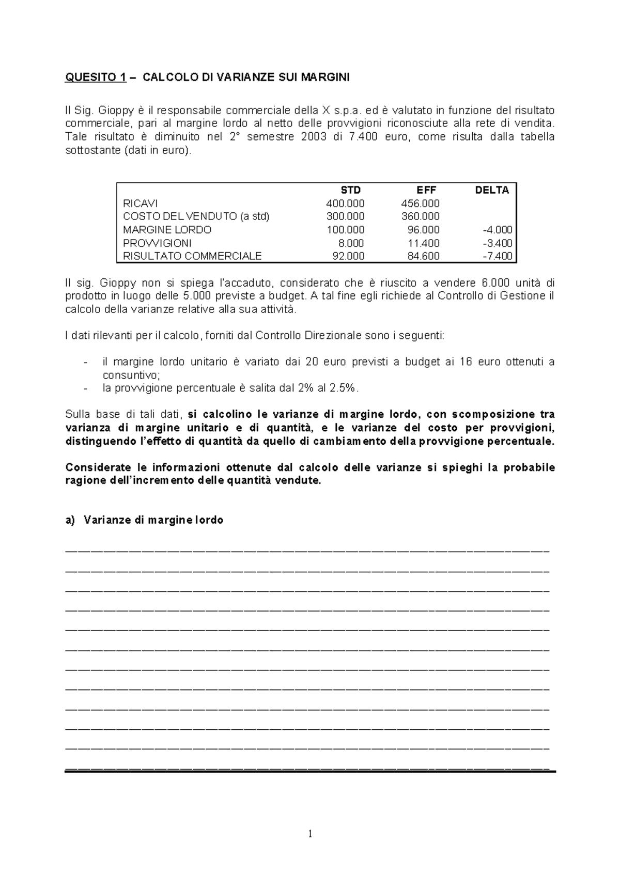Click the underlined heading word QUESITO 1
95,78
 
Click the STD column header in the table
351,190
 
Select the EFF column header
427,190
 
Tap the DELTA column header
492,190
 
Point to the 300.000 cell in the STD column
345,216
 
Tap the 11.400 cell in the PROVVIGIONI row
423,243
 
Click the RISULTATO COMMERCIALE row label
192,256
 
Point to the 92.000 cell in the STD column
348,256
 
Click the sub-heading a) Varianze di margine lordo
145,520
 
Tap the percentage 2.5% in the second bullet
345,388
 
